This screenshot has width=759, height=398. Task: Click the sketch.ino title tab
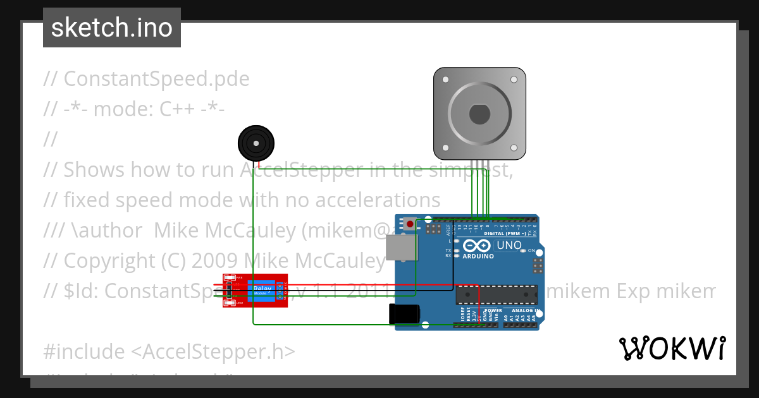112,28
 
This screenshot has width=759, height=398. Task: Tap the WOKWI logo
672,348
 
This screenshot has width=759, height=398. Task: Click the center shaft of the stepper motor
479,114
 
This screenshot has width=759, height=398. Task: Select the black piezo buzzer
256,144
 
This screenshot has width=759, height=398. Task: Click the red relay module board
255,291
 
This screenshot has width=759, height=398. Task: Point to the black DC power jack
404,314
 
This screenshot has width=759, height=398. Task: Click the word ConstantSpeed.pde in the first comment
156,79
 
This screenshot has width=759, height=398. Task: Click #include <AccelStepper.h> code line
169,351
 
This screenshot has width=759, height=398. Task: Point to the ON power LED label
531,251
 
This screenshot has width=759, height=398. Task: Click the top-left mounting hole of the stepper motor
445,80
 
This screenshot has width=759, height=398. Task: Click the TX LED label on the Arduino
448,251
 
